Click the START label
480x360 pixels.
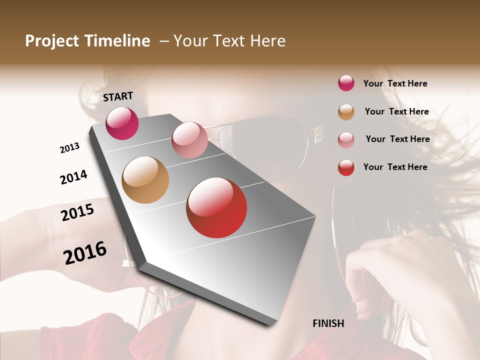tap(118, 96)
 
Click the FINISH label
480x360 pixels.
tap(328, 323)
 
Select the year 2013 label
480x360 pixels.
tap(69, 148)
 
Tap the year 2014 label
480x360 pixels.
tap(73, 177)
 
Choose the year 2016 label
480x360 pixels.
tap(85, 252)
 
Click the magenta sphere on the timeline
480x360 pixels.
tap(122, 123)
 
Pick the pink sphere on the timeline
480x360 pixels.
tap(189, 140)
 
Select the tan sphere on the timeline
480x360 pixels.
tap(145, 180)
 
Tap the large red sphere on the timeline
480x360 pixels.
tap(216, 207)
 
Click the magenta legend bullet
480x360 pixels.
tap(346, 83)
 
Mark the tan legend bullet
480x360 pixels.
tap(346, 112)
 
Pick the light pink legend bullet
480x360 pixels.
tap(346, 139)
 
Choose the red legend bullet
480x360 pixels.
tap(346, 167)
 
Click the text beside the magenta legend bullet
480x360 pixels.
tap(395, 83)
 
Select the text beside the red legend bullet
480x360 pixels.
tap(395, 167)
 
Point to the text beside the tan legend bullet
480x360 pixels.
tap(396, 111)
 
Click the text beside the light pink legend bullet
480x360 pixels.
tap(397, 139)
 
